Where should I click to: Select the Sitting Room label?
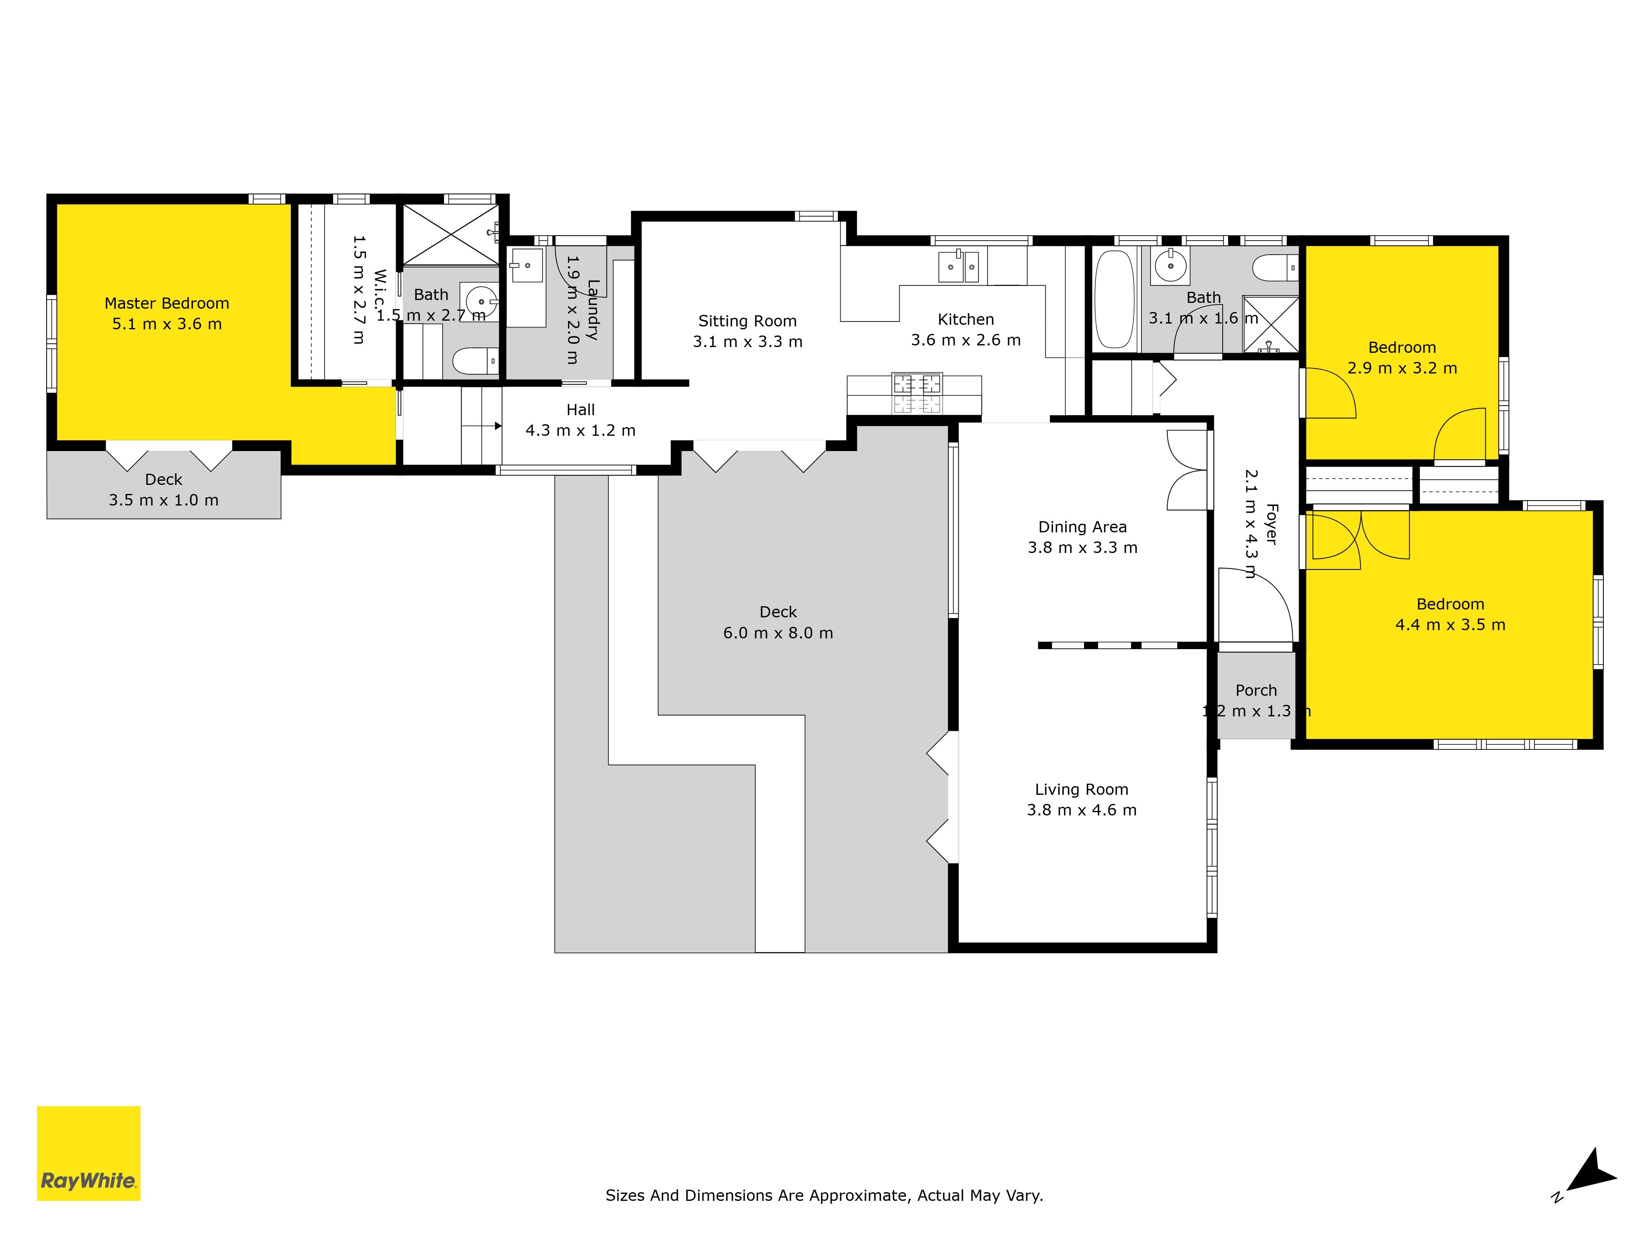coord(747,321)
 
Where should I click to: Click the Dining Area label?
coord(1082,527)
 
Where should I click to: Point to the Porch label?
coord(1256,690)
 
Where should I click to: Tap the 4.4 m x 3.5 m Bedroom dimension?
coord(1450,625)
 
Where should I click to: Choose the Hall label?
coord(580,410)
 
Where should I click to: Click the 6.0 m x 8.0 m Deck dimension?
coord(778,633)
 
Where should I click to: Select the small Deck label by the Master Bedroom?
coord(163,479)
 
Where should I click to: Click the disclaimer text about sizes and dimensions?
coord(824,1195)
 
